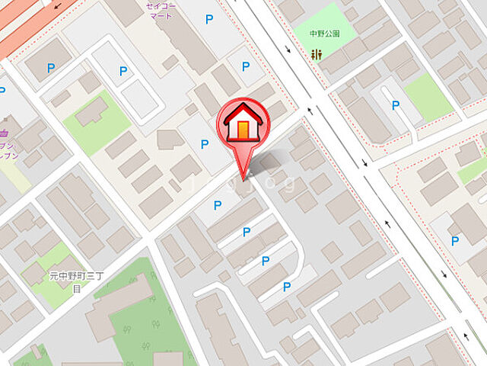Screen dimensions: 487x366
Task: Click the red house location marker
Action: tap(243, 124)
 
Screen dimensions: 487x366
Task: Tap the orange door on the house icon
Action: tap(243, 130)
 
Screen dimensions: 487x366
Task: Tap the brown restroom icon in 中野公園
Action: tap(317, 53)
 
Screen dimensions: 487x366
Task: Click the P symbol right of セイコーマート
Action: tap(209, 18)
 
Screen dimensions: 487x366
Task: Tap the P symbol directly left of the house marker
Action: tap(204, 143)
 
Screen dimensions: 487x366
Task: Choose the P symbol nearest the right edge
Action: tap(455, 241)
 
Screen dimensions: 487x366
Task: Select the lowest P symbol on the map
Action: tap(287, 287)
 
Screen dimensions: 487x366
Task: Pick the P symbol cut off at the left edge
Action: tap(2, 91)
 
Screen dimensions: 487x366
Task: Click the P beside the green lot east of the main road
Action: tap(395, 105)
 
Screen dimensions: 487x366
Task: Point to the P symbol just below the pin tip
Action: tap(218, 204)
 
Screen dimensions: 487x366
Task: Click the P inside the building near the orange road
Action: tap(52, 68)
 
